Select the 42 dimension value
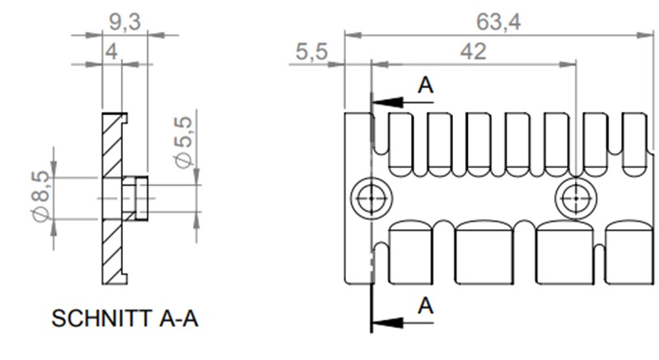(x=472, y=51)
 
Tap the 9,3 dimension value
(x=124, y=22)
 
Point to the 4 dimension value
(x=111, y=51)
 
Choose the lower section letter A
(x=425, y=306)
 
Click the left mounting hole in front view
(x=367, y=198)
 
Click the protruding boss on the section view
(x=135, y=198)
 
